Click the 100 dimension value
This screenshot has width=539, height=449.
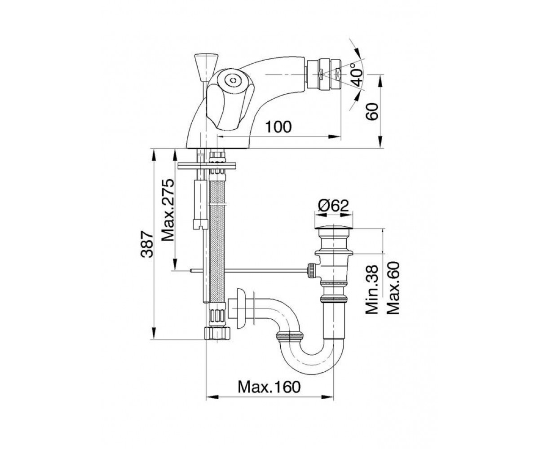(278, 127)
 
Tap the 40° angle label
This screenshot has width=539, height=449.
(357, 74)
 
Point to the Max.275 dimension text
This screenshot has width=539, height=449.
(168, 210)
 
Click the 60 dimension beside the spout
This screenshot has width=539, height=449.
(372, 111)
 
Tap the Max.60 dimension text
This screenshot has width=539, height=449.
(393, 287)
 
